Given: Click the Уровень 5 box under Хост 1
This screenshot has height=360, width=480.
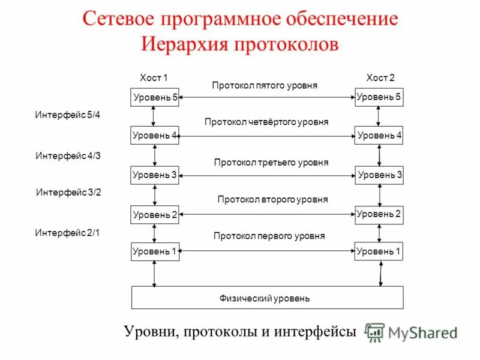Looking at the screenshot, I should [x=155, y=97].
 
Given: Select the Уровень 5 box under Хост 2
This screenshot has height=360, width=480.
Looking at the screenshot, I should [x=379, y=97].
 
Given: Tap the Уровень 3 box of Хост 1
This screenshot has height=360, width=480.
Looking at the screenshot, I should [x=155, y=175].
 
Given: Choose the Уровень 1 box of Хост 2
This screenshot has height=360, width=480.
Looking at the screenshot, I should [x=379, y=251].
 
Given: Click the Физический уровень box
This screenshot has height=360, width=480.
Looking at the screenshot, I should [x=267, y=298].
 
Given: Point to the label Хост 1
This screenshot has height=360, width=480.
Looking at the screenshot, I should [x=154, y=78].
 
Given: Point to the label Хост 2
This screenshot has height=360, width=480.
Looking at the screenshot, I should [x=380, y=78].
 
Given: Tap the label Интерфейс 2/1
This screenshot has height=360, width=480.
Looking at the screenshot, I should [x=68, y=233].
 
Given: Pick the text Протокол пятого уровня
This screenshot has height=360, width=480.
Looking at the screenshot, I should [x=265, y=86].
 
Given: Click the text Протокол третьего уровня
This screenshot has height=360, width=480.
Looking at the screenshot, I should [x=271, y=163].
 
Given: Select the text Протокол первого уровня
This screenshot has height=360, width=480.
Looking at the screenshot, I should [x=269, y=236].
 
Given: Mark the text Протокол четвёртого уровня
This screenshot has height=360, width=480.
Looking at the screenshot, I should [x=266, y=122].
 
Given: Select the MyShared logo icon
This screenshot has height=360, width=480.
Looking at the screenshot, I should [x=375, y=332].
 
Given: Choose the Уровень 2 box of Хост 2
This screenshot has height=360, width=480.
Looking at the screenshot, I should [x=379, y=214].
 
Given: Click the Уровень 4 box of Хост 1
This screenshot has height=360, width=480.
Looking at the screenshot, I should [x=155, y=136].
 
